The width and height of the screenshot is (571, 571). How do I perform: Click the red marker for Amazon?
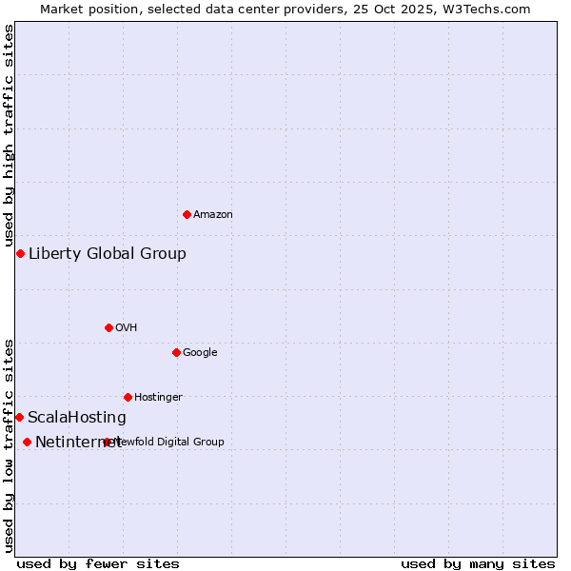click(x=187, y=214)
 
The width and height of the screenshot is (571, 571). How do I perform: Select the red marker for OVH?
click(x=108, y=327)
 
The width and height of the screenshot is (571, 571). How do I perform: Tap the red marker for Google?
click(x=176, y=352)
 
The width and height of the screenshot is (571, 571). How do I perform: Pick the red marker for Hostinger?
click(x=128, y=397)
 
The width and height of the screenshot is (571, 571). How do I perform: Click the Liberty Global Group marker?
click(x=20, y=253)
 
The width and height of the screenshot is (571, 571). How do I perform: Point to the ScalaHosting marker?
click(x=19, y=417)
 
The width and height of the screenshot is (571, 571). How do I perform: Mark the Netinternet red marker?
click(x=27, y=442)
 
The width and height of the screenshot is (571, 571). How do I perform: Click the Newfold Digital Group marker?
click(x=107, y=442)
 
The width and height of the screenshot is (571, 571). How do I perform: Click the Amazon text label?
click(x=213, y=215)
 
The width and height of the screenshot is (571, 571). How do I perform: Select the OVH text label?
click(x=127, y=328)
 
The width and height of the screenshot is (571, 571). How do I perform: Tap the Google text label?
click(x=200, y=353)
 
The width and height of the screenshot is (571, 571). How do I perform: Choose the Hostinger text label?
click(x=158, y=398)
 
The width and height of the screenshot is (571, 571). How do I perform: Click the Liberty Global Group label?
click(x=108, y=253)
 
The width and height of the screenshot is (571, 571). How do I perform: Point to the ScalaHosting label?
click(x=77, y=418)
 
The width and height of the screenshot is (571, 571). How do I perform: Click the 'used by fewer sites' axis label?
click(x=98, y=563)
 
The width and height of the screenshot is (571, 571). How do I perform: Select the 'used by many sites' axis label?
click(x=478, y=563)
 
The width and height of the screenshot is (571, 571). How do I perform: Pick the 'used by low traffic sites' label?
click(x=9, y=444)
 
